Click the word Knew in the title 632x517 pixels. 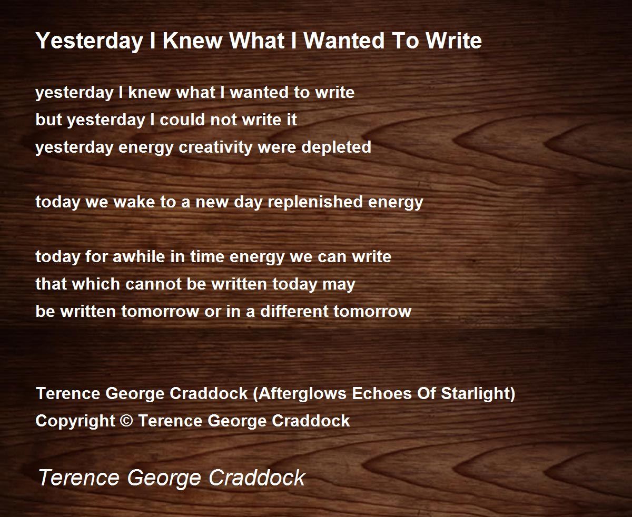coord(192,41)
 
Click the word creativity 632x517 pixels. coord(216,147)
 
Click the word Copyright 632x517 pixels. coord(75,421)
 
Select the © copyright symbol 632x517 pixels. coord(126,421)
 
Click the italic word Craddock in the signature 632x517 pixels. coord(257,478)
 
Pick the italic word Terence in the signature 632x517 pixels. coord(79,478)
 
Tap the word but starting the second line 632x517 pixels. coord(49,120)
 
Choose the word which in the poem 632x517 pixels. coord(96,284)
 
